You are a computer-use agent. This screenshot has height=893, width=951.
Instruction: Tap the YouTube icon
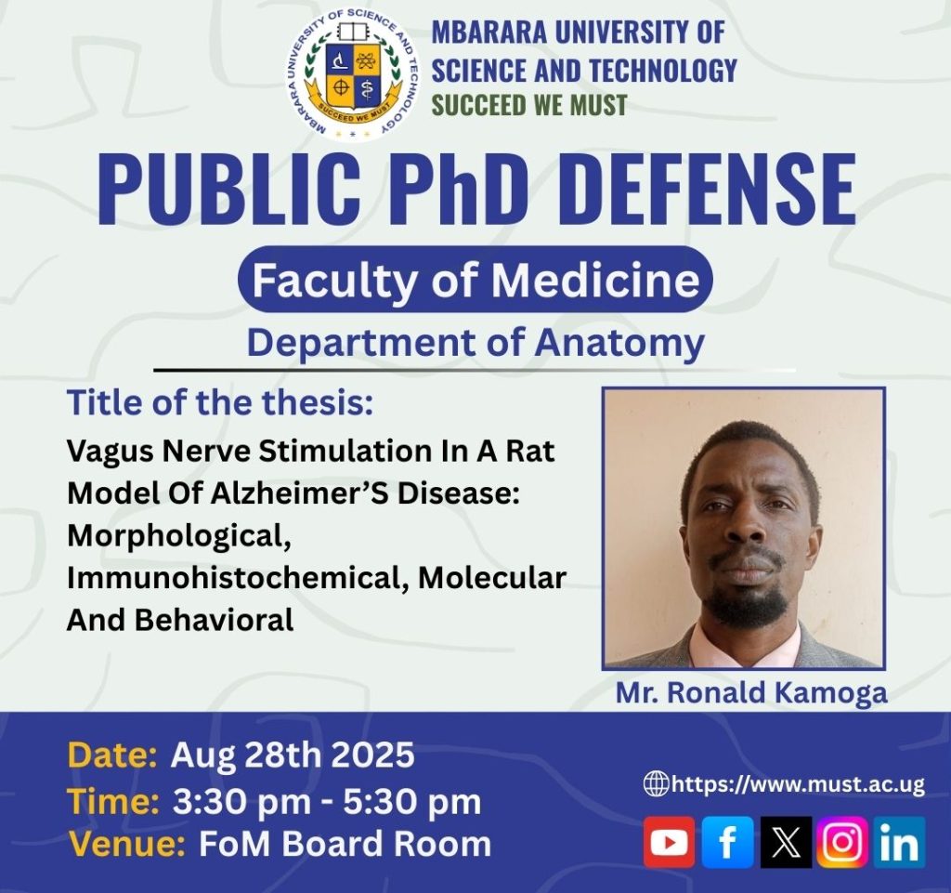pos(669,842)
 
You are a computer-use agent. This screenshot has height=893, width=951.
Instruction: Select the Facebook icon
pos(727,842)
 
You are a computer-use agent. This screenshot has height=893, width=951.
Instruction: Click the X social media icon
pos(786,842)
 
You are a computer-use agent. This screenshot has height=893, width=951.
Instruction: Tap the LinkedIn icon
pos(900,842)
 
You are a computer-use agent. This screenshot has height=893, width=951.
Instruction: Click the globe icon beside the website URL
pos(656,783)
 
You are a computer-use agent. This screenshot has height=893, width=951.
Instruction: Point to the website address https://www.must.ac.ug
pos(798,784)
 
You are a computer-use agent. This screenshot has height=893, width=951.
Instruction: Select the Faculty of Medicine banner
pos(475,280)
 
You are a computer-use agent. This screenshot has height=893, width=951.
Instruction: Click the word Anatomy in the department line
pos(619,344)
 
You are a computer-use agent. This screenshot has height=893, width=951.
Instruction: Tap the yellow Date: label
pos(112,755)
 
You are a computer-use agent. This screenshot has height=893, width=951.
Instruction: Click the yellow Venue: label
pos(126,844)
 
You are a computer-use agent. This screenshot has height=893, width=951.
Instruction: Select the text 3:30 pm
pos(241,802)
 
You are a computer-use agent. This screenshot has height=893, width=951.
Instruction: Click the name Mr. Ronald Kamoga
pos(751,693)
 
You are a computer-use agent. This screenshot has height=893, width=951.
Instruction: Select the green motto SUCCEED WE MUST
pos(528,105)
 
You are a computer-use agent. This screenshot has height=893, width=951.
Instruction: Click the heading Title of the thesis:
pos(219,401)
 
